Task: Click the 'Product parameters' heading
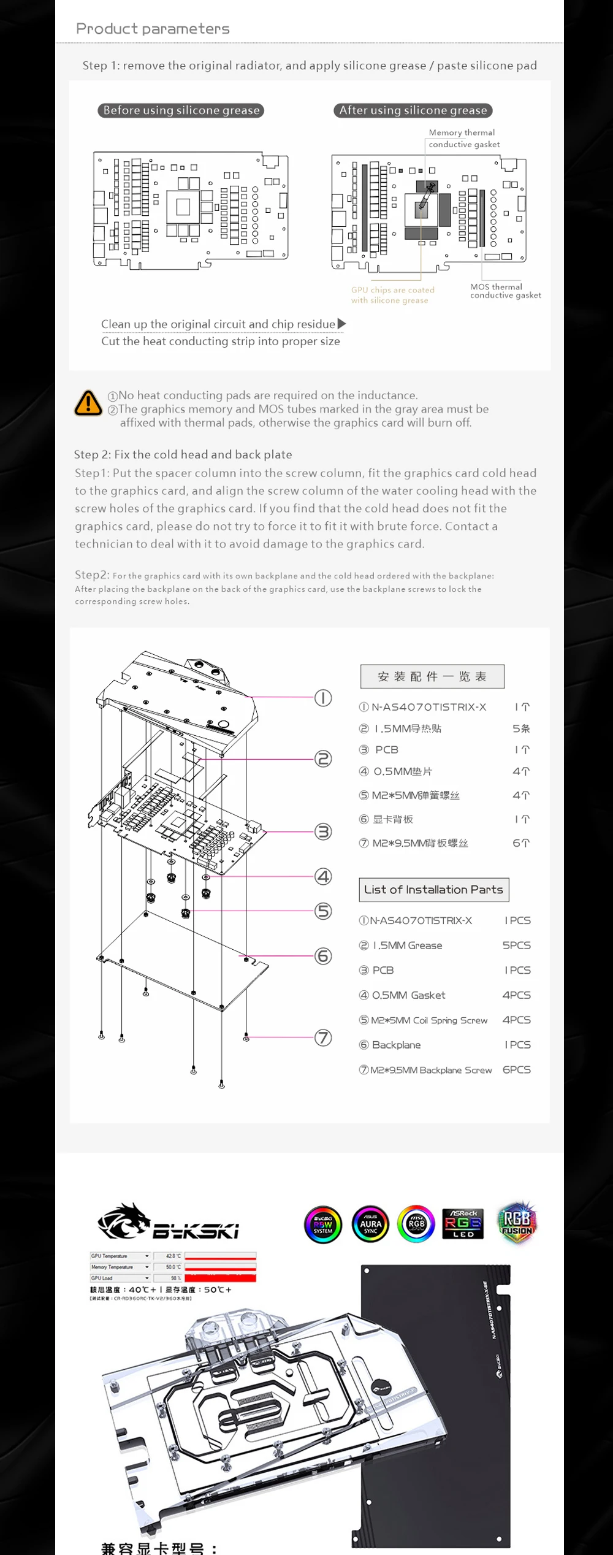(x=153, y=29)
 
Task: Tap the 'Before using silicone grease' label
(x=181, y=110)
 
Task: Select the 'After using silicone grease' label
(x=413, y=110)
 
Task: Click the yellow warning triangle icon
(x=88, y=403)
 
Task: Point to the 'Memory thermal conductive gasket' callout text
(x=463, y=139)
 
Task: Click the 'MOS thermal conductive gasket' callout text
(x=505, y=291)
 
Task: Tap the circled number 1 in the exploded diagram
(x=323, y=698)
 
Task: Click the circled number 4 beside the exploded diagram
(x=323, y=876)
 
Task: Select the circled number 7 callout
(x=323, y=1037)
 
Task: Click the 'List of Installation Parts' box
(x=433, y=890)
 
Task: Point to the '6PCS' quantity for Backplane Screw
(x=516, y=1069)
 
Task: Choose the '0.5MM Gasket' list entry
(x=408, y=995)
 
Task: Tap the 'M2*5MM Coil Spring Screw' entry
(x=428, y=1020)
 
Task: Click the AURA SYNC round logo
(x=370, y=1225)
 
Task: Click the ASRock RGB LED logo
(x=463, y=1223)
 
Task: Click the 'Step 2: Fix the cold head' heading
(x=183, y=454)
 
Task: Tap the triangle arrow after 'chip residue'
(x=341, y=324)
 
